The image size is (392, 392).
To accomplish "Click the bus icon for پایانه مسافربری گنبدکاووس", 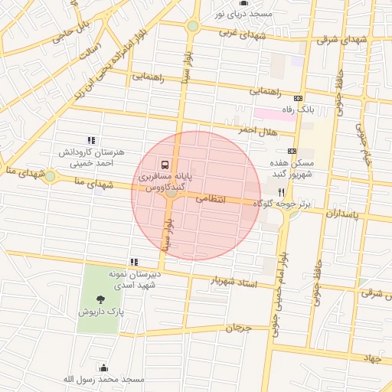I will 165,165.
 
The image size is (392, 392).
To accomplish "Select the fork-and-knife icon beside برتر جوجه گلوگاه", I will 282,192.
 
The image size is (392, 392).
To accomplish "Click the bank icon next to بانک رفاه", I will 298,98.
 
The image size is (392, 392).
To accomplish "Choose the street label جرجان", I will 238,328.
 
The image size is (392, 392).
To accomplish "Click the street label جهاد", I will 372,358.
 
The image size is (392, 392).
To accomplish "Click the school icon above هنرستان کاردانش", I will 91,140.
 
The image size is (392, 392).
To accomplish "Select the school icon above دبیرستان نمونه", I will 134,262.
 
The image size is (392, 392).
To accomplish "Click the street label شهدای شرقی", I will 338,39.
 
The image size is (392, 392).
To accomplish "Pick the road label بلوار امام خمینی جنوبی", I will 279,292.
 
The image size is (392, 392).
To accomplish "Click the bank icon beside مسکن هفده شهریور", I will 292,151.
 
